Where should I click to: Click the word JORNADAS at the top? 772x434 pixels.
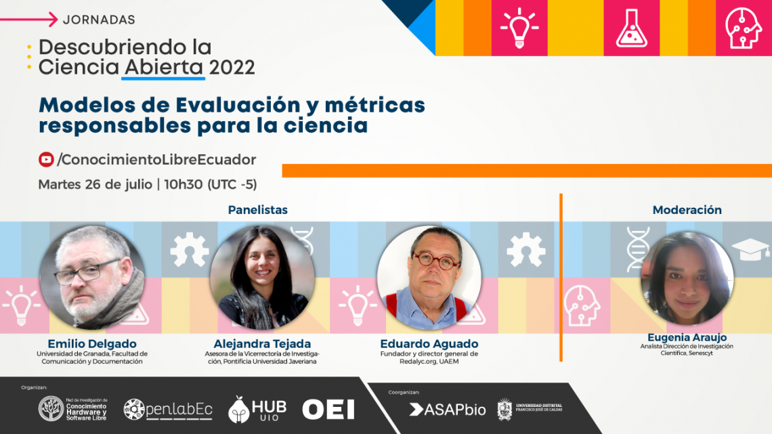[99, 20]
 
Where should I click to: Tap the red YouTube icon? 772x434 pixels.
[46, 159]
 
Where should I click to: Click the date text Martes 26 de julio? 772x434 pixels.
[95, 185]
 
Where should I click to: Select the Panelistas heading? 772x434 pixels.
[257, 210]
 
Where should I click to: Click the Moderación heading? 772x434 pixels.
[687, 210]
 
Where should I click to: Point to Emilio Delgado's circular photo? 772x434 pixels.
[92, 277]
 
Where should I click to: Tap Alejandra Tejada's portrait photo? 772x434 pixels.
[262, 277]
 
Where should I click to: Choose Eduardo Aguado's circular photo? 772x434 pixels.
[429, 277]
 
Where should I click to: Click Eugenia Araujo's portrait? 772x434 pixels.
[687, 278]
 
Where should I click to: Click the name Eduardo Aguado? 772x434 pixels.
[429, 343]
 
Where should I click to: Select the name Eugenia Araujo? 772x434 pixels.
[687, 337]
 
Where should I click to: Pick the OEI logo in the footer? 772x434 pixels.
[328, 410]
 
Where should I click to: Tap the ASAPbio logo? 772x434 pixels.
[447, 410]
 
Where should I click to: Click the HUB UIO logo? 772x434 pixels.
[257, 410]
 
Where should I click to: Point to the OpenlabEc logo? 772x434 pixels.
[168, 410]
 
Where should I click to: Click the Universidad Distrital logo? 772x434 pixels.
[530, 409]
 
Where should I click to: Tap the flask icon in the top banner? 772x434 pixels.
[631, 28]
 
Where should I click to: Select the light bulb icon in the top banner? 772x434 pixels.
[519, 28]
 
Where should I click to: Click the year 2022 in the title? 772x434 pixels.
[232, 68]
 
